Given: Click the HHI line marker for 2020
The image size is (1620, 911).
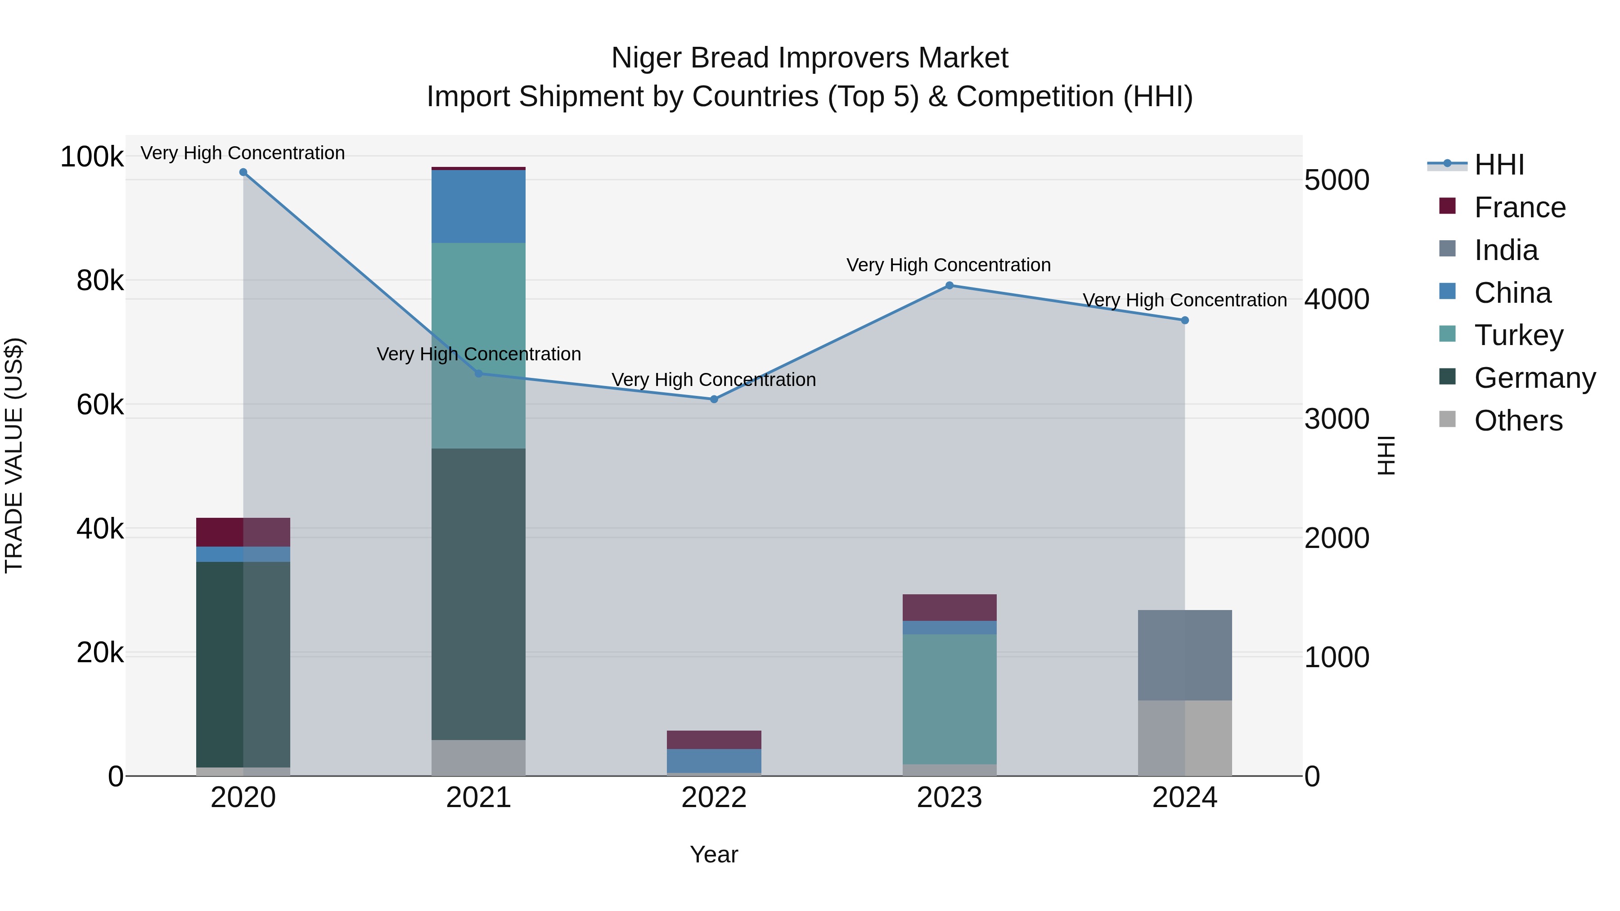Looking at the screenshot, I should [243, 172].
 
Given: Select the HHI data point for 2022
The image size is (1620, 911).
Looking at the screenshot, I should [714, 399].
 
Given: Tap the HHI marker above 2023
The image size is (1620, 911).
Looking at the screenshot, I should [949, 285].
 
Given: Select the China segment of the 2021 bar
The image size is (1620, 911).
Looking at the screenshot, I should [479, 206].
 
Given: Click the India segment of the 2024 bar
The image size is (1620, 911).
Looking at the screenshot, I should [1185, 655].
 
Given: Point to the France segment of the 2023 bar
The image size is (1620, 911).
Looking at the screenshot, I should [949, 607].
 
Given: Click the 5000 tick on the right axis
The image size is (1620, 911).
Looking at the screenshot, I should [1336, 180].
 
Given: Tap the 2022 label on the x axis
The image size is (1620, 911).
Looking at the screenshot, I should [714, 798].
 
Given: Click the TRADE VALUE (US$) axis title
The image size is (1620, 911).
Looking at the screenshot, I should [14, 455].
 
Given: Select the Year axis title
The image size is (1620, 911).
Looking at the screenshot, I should [714, 854].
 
